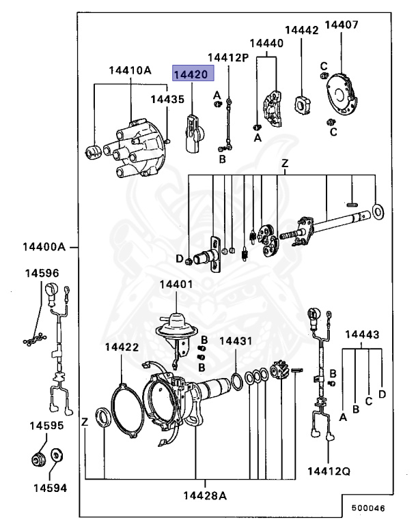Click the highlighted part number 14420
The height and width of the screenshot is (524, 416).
click(194, 74)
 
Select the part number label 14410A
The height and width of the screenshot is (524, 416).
click(130, 70)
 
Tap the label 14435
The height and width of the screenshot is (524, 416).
click(167, 99)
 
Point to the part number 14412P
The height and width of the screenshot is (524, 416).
click(228, 57)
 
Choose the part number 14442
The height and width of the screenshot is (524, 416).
click(301, 30)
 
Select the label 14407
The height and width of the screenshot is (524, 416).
click(341, 25)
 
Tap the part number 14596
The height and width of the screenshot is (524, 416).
click(42, 273)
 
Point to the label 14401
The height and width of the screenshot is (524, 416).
click(176, 284)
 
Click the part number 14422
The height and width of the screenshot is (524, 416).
click(122, 347)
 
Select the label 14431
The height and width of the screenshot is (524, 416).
click(236, 340)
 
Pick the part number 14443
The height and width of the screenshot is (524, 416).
click(362, 334)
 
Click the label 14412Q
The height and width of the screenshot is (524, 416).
click(329, 471)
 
